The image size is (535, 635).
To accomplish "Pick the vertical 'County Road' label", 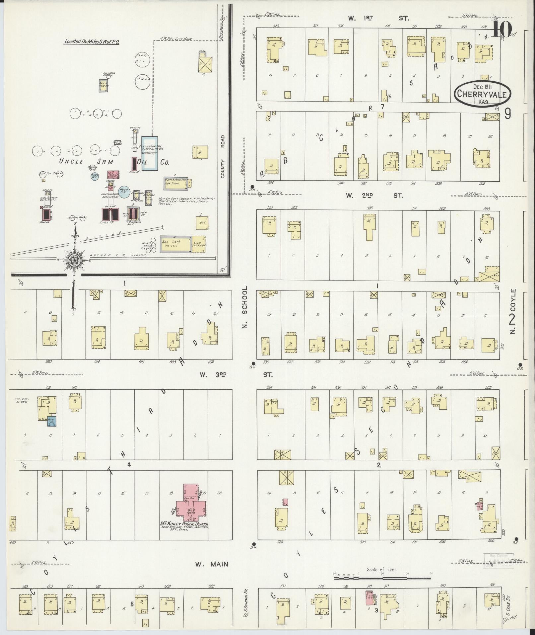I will (x=222, y=156).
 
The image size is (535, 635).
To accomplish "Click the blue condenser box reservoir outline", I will (x=150, y=153).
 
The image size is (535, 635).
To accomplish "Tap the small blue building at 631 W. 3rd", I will (x=52, y=421).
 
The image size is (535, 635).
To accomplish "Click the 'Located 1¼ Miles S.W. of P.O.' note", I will (x=92, y=42).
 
